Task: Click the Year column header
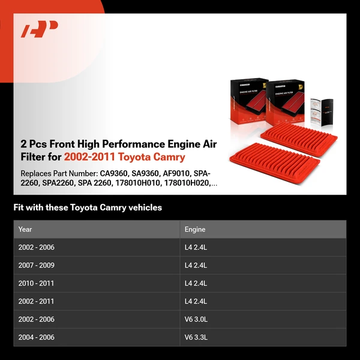pyautogui.click(x=25, y=229)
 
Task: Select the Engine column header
pyautogui.click(x=195, y=229)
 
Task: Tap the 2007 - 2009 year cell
pyautogui.click(x=37, y=265)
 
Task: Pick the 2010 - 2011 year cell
pyautogui.click(x=36, y=283)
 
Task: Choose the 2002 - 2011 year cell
pyautogui.click(x=36, y=301)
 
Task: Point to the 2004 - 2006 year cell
pyautogui.click(x=36, y=337)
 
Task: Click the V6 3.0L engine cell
pyautogui.click(x=196, y=319)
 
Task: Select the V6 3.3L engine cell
pyautogui.click(x=196, y=337)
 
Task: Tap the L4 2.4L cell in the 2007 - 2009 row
pyautogui.click(x=196, y=265)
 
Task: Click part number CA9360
pyautogui.click(x=115, y=173)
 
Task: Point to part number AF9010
pyautogui.click(x=178, y=173)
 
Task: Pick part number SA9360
pyautogui.click(x=146, y=173)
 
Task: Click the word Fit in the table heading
pyautogui.click(x=20, y=208)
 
